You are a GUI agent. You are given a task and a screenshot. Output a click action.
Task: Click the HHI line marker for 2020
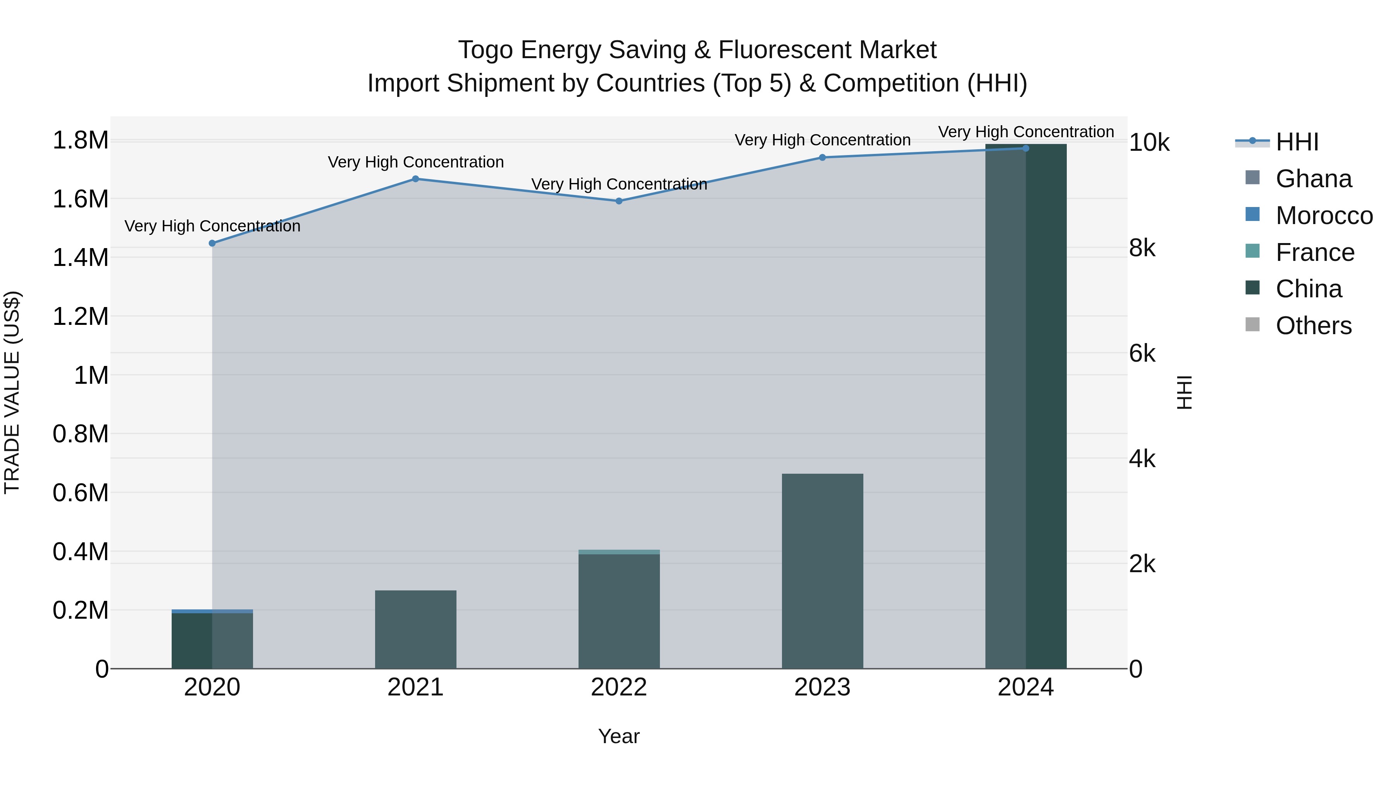[212, 243]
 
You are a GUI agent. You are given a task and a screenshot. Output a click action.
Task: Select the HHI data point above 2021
[415, 179]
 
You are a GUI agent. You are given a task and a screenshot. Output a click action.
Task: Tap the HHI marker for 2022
[619, 201]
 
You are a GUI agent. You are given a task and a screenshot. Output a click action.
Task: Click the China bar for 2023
[822, 571]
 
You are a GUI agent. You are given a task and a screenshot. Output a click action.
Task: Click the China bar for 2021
[415, 630]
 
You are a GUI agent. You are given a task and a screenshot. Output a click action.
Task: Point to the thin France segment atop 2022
[619, 552]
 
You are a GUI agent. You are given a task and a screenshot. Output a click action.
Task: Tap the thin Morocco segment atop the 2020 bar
[212, 611]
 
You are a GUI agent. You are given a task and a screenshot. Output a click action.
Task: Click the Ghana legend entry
[1313, 179]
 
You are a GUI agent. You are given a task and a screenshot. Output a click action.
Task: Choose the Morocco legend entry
[1324, 216]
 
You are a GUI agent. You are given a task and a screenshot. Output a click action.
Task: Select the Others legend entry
[1313, 326]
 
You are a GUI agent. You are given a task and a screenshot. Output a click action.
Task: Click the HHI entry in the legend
[1297, 142]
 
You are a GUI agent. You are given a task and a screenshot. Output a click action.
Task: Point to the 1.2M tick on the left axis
[80, 316]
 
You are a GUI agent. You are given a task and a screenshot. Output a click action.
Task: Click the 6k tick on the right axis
[1142, 354]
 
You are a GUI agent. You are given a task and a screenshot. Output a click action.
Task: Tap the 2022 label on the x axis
[619, 687]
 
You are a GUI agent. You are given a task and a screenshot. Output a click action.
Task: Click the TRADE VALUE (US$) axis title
[12, 392]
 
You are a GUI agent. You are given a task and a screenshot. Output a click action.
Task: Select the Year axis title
[619, 736]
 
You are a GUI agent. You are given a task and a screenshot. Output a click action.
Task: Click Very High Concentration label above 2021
[415, 162]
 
